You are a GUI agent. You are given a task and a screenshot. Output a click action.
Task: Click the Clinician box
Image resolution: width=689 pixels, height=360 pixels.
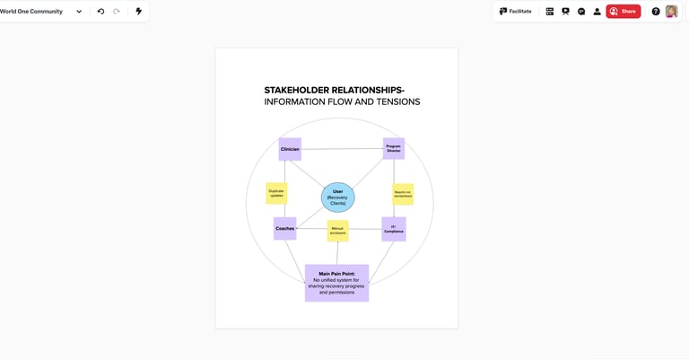(290, 149)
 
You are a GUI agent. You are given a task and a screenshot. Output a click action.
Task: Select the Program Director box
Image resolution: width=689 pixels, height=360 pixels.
(393, 148)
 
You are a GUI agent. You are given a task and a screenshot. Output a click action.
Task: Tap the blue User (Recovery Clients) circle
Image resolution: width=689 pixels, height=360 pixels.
(338, 197)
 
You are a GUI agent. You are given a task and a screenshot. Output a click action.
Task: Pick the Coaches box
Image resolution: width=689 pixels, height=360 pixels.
(284, 228)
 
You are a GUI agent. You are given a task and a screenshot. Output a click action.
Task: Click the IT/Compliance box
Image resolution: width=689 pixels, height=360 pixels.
(393, 229)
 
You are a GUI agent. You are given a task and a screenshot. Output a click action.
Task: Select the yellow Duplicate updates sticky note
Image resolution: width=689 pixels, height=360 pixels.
(276, 193)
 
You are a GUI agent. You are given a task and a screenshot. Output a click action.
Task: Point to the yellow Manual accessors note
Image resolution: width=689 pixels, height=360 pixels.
(337, 231)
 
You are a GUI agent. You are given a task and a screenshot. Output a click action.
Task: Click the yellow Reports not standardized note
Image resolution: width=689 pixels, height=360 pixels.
(403, 194)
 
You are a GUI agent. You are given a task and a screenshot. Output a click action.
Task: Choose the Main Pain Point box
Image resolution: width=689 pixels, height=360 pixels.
(336, 283)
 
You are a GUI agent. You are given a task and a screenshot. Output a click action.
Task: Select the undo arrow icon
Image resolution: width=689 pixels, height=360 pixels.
(100, 12)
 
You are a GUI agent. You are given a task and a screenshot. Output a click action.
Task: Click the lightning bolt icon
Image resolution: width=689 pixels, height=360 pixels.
(138, 12)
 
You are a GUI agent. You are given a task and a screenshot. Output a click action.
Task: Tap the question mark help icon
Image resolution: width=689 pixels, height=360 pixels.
(656, 12)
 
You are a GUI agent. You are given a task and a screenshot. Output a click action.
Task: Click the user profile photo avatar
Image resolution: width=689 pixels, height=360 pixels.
(671, 12)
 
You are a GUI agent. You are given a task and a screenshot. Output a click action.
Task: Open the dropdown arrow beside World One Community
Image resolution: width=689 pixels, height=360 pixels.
(79, 12)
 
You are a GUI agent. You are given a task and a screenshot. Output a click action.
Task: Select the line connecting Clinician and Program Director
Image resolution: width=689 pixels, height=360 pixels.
(342, 149)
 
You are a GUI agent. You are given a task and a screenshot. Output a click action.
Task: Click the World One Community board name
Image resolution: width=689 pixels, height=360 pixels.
(32, 12)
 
